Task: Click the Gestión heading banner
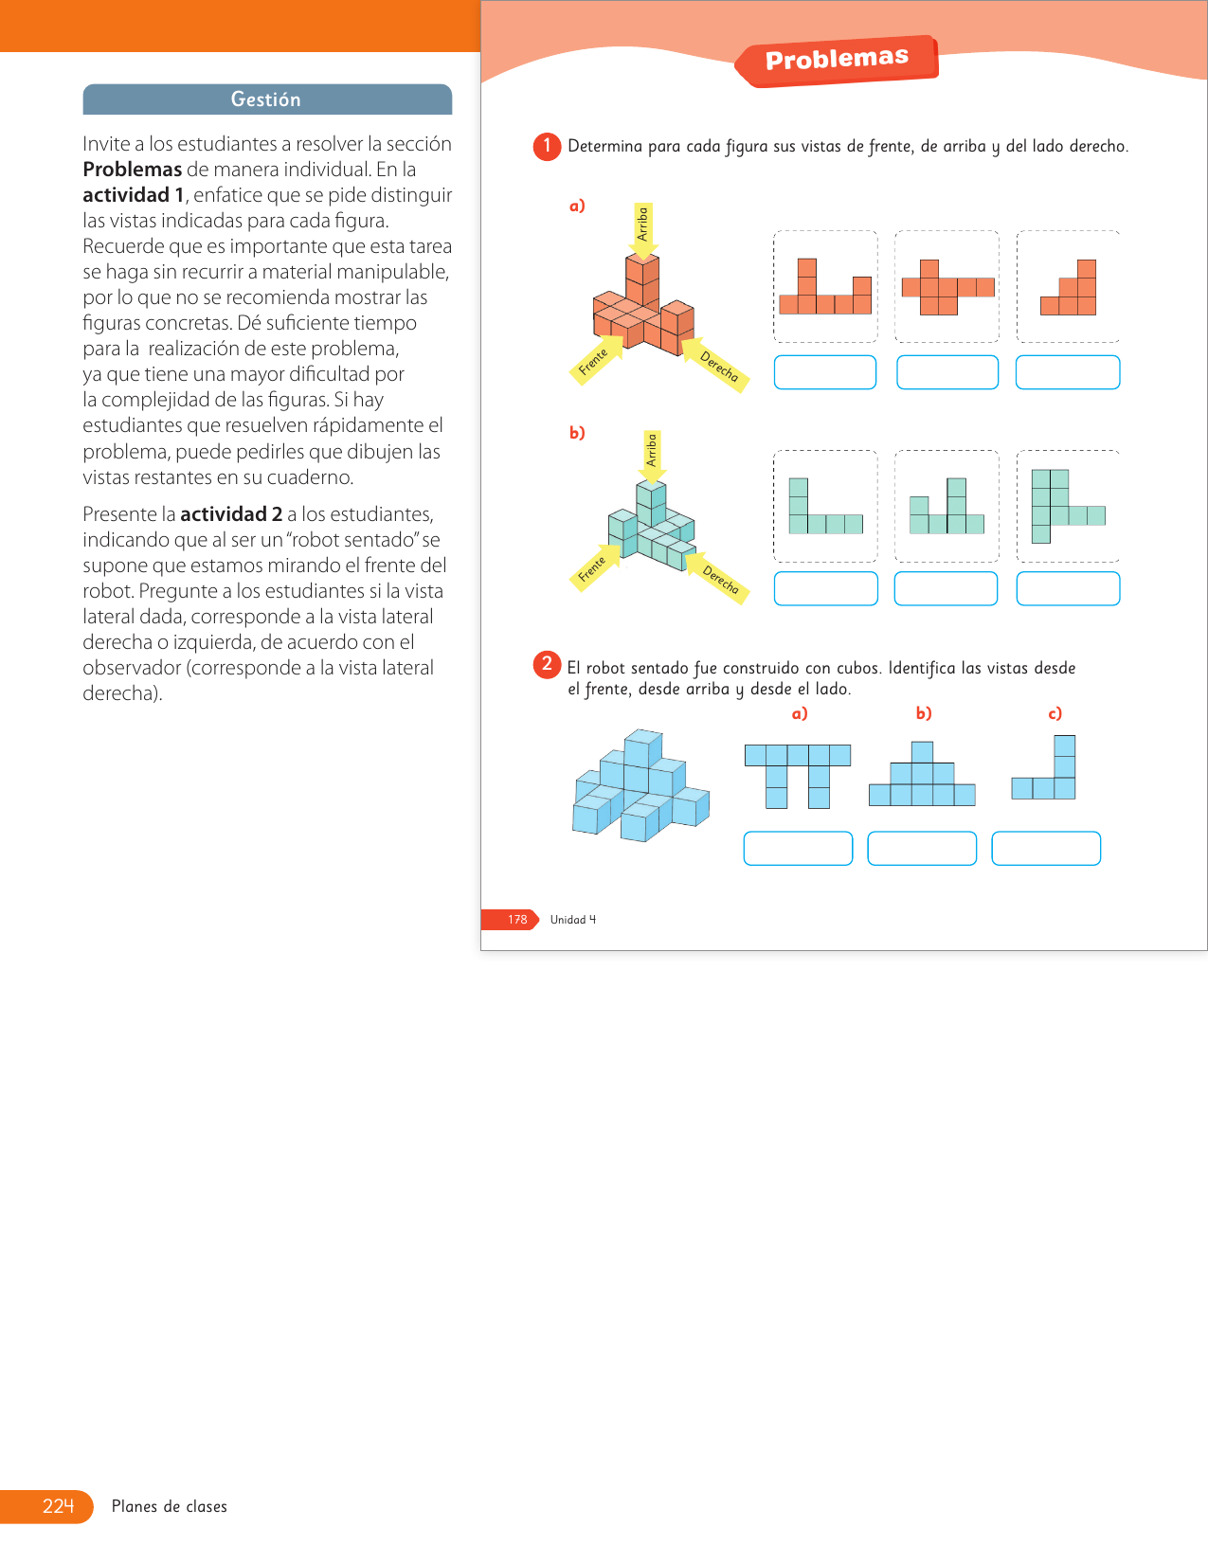(x=267, y=99)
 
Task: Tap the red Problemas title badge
(x=838, y=60)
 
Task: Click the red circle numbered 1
(x=547, y=147)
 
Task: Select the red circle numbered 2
(x=547, y=664)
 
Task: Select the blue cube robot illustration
(x=640, y=786)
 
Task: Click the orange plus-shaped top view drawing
(x=947, y=288)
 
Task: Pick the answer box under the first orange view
(x=825, y=372)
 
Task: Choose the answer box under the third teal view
(x=1068, y=588)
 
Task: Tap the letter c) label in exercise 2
(x=1055, y=713)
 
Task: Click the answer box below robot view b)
(x=922, y=848)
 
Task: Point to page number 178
(x=517, y=920)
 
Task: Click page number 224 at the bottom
(x=58, y=1506)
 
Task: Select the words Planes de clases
(x=170, y=1506)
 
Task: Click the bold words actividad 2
(x=231, y=514)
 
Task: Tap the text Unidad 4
(x=573, y=920)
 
